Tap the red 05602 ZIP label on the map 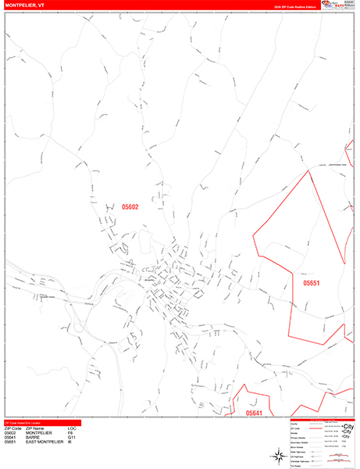pyautogui.click(x=130, y=207)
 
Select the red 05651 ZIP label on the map pyautogui.click(x=312, y=283)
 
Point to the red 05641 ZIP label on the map pyautogui.click(x=255, y=413)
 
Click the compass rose pyautogui.click(x=278, y=455)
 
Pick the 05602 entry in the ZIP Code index pyautogui.click(x=11, y=431)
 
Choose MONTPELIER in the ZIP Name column pyautogui.click(x=39, y=431)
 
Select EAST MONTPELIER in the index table pyautogui.click(x=45, y=443)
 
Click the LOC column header pyautogui.click(x=72, y=428)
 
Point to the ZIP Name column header pyautogui.click(x=36, y=428)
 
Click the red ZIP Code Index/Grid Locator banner pyautogui.click(x=31, y=422)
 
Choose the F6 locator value pyautogui.click(x=71, y=431)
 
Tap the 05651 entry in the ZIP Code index pyautogui.click(x=11, y=443)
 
